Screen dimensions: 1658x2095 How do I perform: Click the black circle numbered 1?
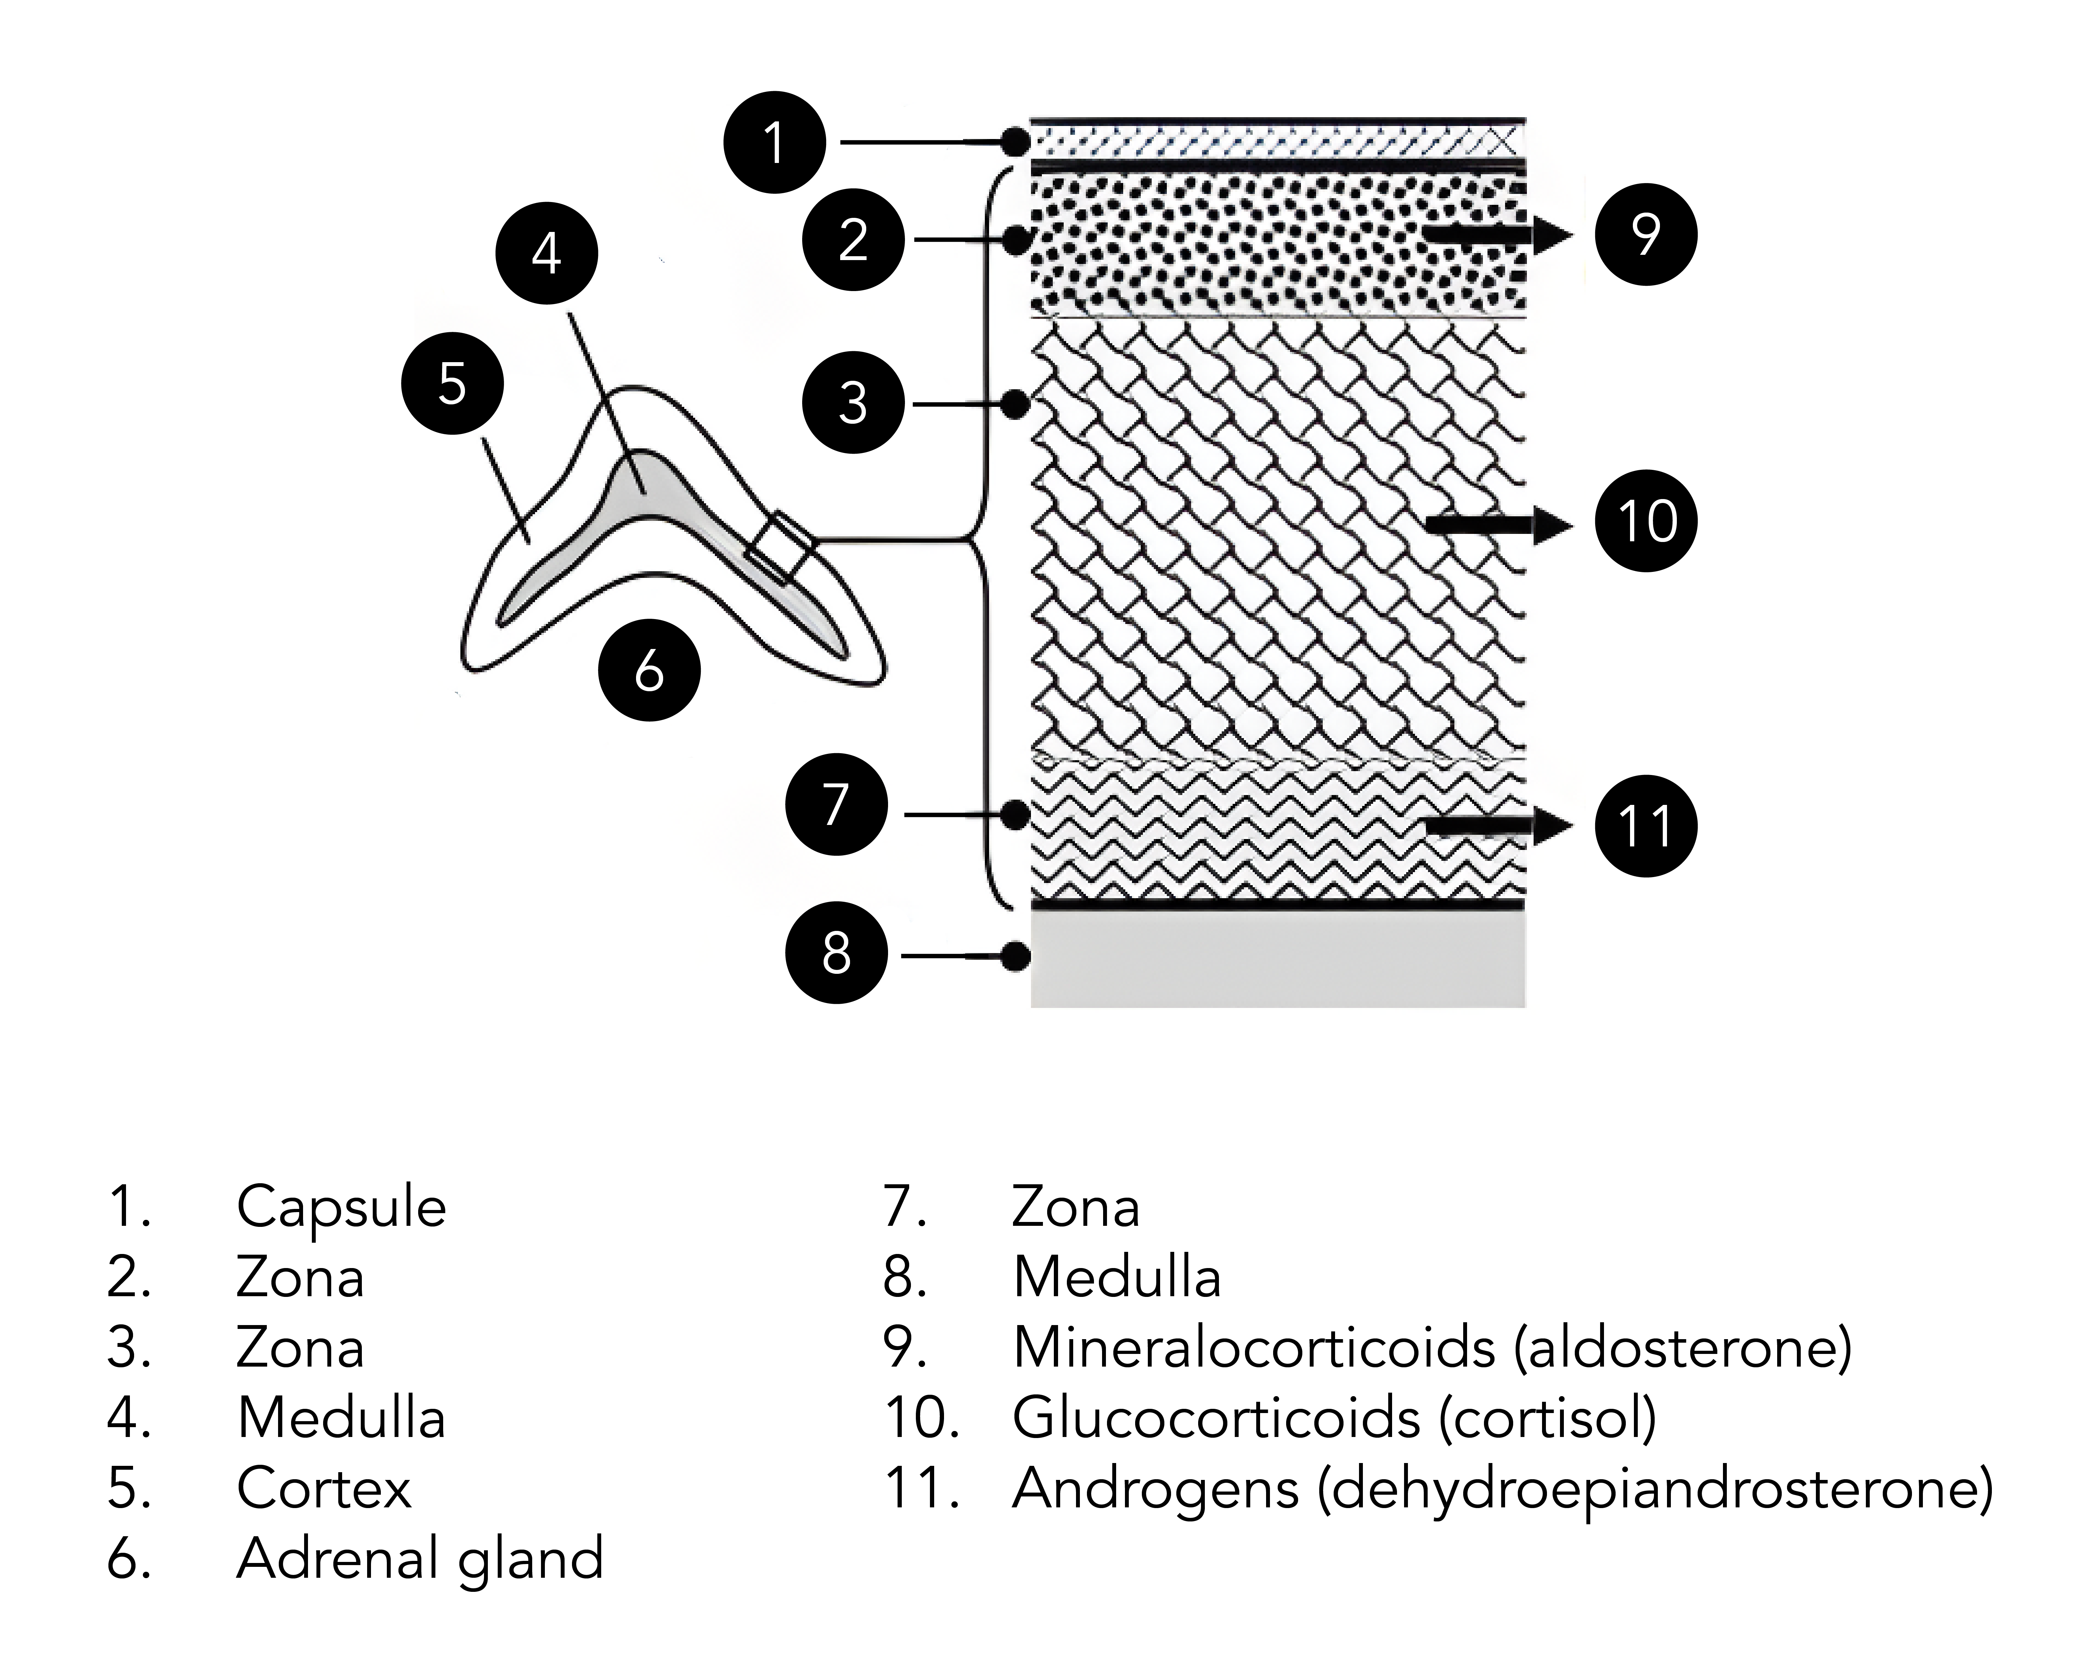coord(774,143)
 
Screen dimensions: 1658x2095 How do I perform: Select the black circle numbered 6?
coord(648,670)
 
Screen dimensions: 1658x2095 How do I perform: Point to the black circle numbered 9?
coord(1646,234)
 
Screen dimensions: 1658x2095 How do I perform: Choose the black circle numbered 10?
coord(1646,521)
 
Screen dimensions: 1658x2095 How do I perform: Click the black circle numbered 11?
coord(1646,826)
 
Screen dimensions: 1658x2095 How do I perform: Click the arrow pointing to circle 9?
coord(1498,234)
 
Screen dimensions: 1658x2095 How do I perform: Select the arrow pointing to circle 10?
coord(1498,525)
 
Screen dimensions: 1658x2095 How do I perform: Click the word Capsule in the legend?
coord(341,1206)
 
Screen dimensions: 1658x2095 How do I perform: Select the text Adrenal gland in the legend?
coord(420,1558)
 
